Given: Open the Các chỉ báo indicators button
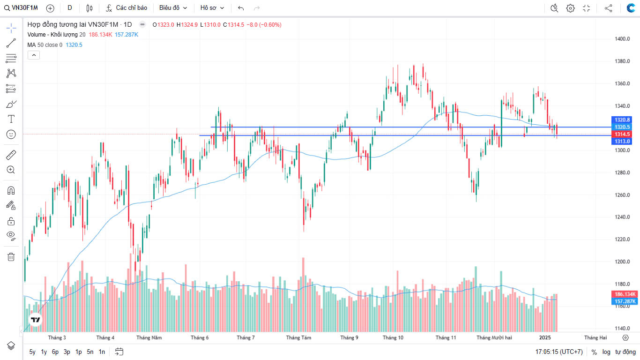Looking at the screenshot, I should (x=127, y=8).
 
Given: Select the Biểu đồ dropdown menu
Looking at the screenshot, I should (x=173, y=8).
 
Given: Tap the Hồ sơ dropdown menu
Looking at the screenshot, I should (x=212, y=8).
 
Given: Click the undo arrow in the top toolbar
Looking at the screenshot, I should (x=241, y=8).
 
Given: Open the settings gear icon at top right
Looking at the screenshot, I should (x=570, y=8).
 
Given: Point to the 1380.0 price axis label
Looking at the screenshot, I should (x=622, y=61).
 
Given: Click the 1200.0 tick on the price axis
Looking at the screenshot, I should (x=622, y=262).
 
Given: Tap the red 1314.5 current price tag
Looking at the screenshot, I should (x=622, y=134).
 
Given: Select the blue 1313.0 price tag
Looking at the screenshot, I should (x=622, y=141).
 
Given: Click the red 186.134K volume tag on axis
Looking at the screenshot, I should (x=625, y=294).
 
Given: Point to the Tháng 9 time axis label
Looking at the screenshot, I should (x=350, y=337).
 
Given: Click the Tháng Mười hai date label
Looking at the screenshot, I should (x=494, y=337).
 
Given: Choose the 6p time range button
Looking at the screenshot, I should (x=55, y=352).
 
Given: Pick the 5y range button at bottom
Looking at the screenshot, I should (x=32, y=352).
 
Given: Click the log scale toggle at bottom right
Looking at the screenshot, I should (x=606, y=352).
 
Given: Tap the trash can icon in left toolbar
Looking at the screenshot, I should (x=11, y=257).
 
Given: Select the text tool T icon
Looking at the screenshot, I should (x=11, y=119).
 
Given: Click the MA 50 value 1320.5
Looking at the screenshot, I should (x=74, y=45).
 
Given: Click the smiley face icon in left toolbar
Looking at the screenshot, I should (x=11, y=135).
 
